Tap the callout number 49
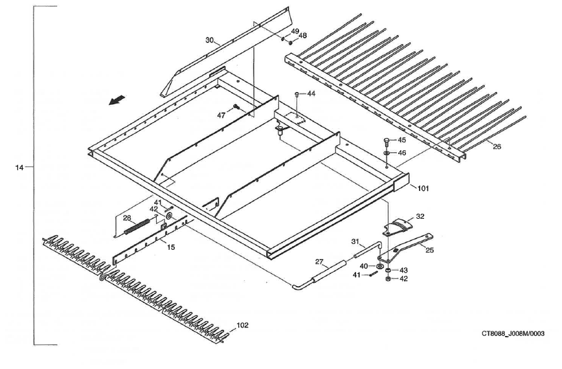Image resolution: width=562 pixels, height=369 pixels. [x=295, y=31]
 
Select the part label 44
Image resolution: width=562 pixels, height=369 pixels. [x=311, y=94]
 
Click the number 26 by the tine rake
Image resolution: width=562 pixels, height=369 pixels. [x=497, y=147]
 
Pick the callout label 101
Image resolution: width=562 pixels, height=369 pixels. [x=422, y=188]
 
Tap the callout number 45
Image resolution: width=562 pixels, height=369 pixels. [x=401, y=140]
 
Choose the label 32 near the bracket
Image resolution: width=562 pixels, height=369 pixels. [x=420, y=217]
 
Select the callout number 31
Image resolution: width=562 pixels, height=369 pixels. [x=355, y=241]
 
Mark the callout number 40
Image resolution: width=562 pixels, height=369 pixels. [x=364, y=266]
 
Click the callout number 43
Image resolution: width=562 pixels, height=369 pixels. [x=403, y=269]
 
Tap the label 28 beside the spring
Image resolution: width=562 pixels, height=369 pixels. [x=127, y=218]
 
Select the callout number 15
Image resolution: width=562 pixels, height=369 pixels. [x=170, y=247]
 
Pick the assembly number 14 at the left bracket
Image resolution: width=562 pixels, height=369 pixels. [x=19, y=168]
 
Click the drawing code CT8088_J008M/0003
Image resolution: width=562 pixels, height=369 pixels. [x=512, y=334]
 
